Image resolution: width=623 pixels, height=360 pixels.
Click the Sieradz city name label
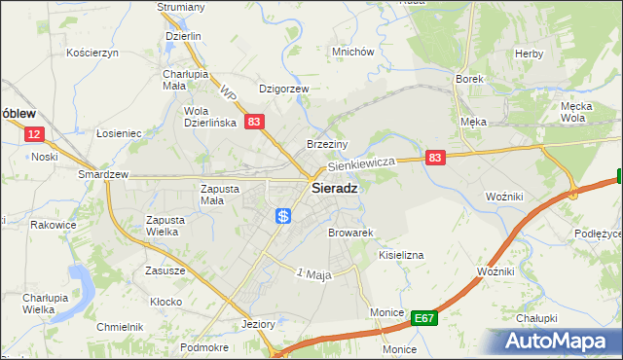pyautogui.click(x=332, y=190)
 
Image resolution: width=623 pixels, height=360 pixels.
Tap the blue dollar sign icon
pyautogui.click(x=282, y=216)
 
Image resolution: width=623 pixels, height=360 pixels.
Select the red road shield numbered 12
pyautogui.click(x=34, y=135)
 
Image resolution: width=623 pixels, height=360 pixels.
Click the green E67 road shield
pyautogui.click(x=422, y=317)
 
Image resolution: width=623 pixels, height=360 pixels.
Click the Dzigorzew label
pyautogui.click(x=283, y=89)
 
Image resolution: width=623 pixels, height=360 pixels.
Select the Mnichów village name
pyautogui.click(x=352, y=52)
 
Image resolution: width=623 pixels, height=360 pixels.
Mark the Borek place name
pyautogui.click(x=469, y=79)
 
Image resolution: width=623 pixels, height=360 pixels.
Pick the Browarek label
pyautogui.click(x=351, y=234)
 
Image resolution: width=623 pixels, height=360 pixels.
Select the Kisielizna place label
pyautogui.click(x=400, y=254)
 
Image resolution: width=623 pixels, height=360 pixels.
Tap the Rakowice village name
pyautogui.click(x=53, y=225)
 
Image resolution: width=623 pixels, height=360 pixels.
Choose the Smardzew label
pyautogui.click(x=103, y=174)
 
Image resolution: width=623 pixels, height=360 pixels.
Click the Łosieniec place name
pyautogui.click(x=120, y=133)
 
